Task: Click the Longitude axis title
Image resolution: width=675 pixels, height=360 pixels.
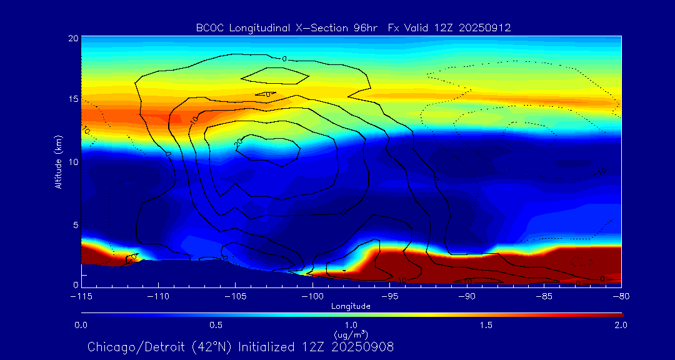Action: (x=351, y=306)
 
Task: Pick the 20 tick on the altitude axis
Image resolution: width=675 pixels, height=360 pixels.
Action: (x=72, y=38)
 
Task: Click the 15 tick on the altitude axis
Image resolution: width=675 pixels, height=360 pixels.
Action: (x=72, y=99)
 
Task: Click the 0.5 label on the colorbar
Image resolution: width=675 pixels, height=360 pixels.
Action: (x=216, y=325)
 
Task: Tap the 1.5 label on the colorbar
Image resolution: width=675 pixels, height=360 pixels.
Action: (x=486, y=325)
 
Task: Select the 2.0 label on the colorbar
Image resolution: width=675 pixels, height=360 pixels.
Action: (x=620, y=325)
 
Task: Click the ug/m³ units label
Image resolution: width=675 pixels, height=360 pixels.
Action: (x=351, y=335)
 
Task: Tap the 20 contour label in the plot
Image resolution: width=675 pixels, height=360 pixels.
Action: (x=238, y=142)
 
